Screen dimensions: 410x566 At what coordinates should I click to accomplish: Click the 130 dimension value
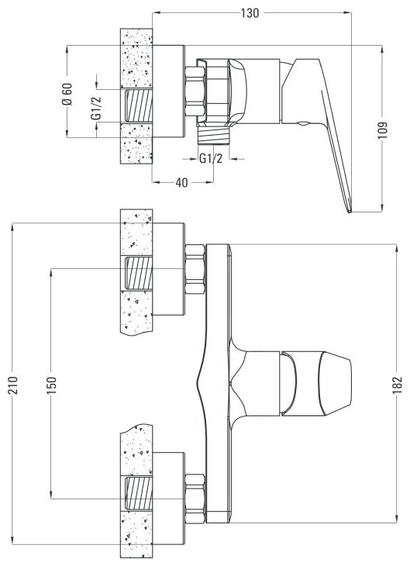coord(250,13)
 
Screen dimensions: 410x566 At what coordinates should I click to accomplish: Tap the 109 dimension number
coord(383,130)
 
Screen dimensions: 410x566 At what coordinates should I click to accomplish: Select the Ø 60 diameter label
coord(67,95)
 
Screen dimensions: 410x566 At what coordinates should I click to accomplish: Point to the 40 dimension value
coord(182,183)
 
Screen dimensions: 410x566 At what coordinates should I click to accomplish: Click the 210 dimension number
coord(13,385)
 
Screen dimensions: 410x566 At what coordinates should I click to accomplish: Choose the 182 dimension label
coord(398,385)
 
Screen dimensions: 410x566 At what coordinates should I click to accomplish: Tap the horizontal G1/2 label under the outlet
coord(211,158)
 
